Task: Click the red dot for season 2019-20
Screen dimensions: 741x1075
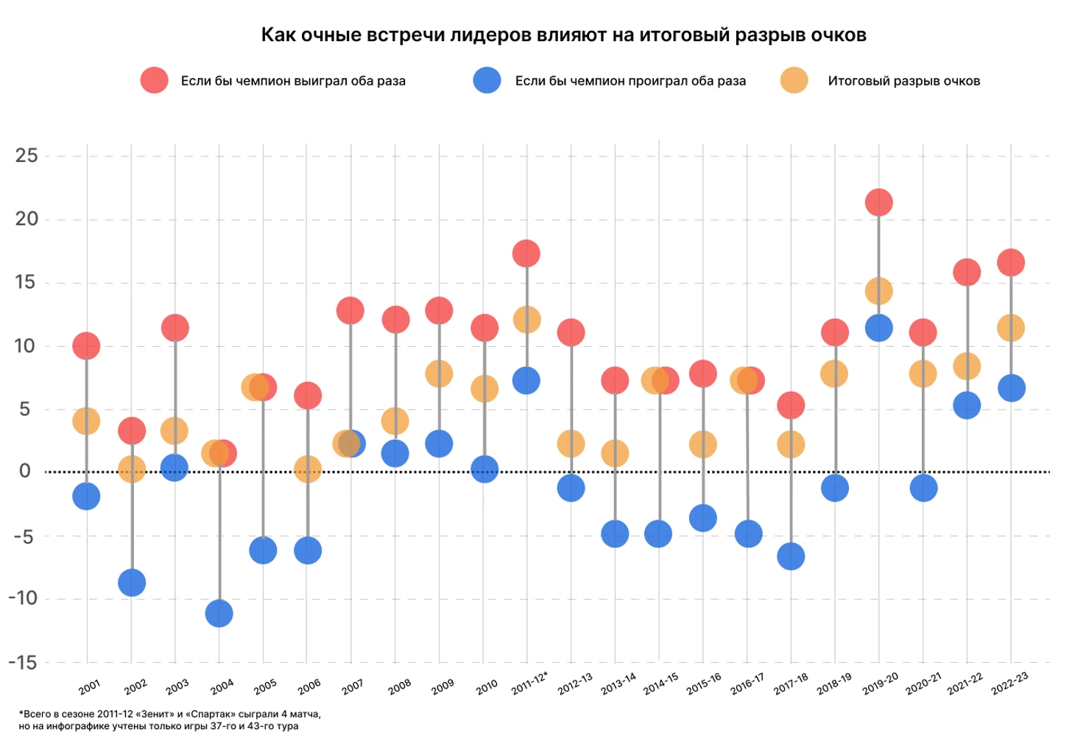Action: (878, 203)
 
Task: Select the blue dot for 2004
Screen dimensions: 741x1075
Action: (219, 613)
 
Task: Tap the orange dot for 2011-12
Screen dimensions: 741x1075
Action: (526, 320)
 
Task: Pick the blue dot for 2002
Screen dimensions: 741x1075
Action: (132, 583)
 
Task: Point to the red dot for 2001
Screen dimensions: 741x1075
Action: (86, 345)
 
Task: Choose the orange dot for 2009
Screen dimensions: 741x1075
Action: (439, 374)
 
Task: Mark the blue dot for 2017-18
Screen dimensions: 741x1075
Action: (791, 556)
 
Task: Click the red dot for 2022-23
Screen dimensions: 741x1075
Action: (1011, 262)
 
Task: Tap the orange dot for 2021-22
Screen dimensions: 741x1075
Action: (967, 366)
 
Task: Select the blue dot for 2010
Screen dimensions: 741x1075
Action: (484, 468)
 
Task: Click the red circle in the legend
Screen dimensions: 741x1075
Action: (155, 80)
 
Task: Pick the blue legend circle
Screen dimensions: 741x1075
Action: (487, 80)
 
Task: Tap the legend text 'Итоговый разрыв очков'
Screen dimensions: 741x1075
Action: (903, 81)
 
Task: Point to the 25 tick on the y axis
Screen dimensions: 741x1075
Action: (27, 155)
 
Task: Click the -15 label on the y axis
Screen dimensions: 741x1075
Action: (23, 663)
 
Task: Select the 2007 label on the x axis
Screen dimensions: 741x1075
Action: (353, 686)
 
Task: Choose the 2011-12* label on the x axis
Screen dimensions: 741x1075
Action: (529, 684)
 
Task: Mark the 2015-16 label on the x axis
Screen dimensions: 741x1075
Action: (704, 684)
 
